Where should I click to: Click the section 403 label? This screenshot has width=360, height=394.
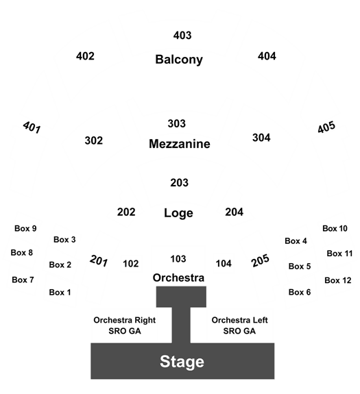pyautogui.click(x=182, y=36)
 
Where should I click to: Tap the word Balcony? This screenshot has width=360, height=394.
pyautogui.click(x=179, y=60)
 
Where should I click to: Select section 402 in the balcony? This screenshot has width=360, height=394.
pyautogui.click(x=85, y=56)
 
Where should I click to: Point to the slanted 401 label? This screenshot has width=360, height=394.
pyautogui.click(x=32, y=127)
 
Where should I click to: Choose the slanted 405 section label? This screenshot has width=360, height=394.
pyautogui.click(x=326, y=127)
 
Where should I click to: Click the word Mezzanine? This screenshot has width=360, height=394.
pyautogui.click(x=180, y=144)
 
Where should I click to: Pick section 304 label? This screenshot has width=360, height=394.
pyautogui.click(x=261, y=138)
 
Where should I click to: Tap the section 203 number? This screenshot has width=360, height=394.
pyautogui.click(x=179, y=183)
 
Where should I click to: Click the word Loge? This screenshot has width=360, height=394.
pyautogui.click(x=178, y=213)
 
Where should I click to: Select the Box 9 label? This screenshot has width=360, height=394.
pyautogui.click(x=25, y=228)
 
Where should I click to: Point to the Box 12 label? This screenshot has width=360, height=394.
pyautogui.click(x=338, y=280)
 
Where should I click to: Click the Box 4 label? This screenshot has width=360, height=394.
pyautogui.click(x=296, y=241)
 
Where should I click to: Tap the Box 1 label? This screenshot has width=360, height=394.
pyautogui.click(x=60, y=292)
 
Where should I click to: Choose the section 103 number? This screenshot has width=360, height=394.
pyautogui.click(x=178, y=259)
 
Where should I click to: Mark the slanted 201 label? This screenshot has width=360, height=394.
pyautogui.click(x=99, y=260)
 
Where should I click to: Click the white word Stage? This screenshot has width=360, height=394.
pyautogui.click(x=182, y=362)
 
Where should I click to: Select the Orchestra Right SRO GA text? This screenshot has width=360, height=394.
pyautogui.click(x=125, y=325)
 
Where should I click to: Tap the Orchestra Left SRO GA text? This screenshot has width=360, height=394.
pyautogui.click(x=239, y=325)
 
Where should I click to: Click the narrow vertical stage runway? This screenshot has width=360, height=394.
pyautogui.click(x=181, y=325)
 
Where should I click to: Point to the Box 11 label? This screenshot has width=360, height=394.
pyautogui.click(x=339, y=254)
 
